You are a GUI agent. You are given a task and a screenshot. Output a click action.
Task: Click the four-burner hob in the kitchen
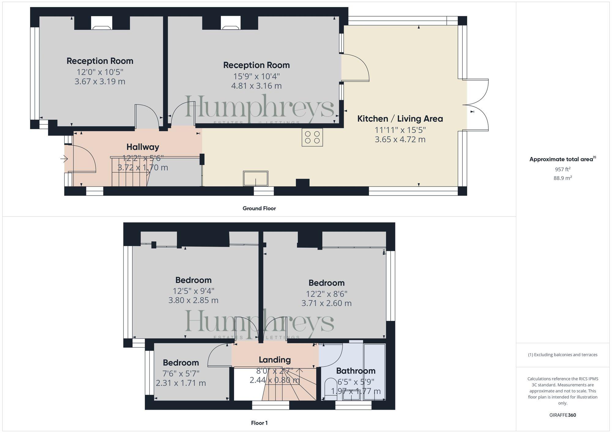312,137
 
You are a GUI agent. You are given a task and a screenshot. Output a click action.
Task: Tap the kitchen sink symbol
256,178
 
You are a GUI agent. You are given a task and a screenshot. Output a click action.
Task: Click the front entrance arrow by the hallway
64,159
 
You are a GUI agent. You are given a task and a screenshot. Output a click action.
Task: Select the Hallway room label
143,147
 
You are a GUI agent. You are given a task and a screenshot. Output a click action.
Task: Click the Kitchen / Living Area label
400,119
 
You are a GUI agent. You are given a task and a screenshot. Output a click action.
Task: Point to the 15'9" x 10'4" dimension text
256,76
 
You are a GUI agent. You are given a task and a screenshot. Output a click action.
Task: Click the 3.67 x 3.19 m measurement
100,81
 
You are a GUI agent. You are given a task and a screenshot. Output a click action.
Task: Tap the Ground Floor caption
259,208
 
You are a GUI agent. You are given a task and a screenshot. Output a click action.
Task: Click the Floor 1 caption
259,423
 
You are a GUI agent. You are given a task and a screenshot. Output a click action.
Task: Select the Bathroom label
356,371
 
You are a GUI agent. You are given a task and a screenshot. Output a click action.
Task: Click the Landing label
274,360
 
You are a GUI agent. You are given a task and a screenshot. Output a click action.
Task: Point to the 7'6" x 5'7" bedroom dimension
181,374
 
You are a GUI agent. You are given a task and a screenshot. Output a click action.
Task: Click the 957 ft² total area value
562,169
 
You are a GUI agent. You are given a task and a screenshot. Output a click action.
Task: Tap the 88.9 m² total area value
562,178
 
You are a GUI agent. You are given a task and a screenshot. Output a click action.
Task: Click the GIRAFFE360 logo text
562,415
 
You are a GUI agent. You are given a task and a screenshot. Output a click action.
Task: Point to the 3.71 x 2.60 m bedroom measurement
326,303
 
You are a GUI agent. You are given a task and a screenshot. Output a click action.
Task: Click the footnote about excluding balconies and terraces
562,355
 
